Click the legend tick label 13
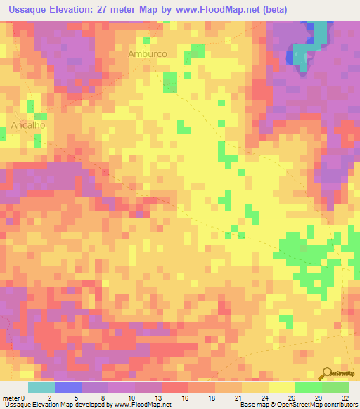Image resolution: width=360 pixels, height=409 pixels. (x=162, y=397)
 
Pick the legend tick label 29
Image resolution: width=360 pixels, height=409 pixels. (x=321, y=397)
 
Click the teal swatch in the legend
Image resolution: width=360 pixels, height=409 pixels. (x=41, y=387)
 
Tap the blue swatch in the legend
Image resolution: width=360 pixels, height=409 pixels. (x=68, y=387)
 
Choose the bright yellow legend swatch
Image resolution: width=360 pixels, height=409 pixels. (x=281, y=387)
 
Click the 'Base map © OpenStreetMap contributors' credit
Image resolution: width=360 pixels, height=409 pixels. (x=297, y=405)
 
